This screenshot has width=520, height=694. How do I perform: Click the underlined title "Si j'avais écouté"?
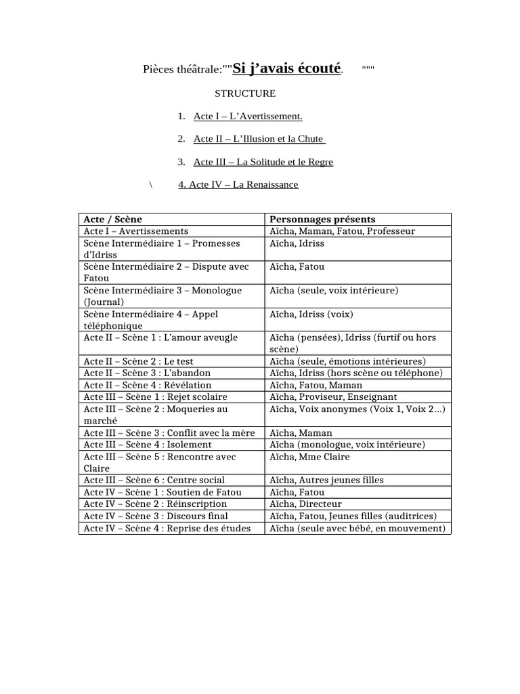[287, 68]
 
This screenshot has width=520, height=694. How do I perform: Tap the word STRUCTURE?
[245, 94]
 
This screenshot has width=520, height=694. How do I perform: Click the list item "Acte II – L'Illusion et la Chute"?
[259, 140]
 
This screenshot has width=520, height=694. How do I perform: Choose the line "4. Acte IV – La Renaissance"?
[238, 185]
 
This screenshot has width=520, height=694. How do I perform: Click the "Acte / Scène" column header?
[113, 220]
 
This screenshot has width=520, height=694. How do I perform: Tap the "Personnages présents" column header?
[322, 220]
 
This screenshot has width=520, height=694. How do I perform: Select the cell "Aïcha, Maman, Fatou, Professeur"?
[342, 231]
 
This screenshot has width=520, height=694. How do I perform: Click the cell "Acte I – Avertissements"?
[136, 231]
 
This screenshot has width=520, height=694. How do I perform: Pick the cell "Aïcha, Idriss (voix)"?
[311, 314]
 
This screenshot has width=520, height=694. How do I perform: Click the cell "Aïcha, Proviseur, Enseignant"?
[333, 397]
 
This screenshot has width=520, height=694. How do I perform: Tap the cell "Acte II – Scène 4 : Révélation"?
[148, 385]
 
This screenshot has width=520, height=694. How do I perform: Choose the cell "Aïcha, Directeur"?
[305, 504]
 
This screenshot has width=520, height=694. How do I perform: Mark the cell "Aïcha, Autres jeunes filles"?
[326, 481]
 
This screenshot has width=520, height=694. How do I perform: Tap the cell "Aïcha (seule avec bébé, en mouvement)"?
[357, 528]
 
